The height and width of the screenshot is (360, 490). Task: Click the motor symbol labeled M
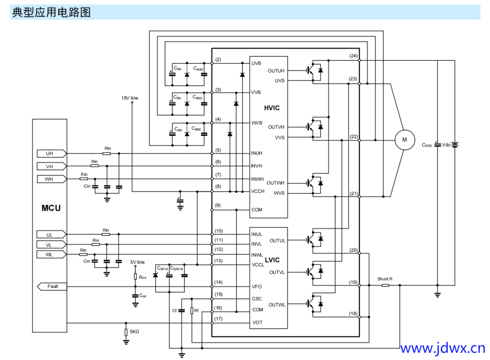[405, 140]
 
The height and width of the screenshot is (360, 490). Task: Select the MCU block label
[51, 208]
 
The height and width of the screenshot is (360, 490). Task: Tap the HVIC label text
[272, 108]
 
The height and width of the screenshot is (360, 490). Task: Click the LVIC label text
[272, 260]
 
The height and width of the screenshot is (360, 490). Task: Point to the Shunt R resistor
[386, 285]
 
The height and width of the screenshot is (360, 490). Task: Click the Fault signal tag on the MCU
[51, 287]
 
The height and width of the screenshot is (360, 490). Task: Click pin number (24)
[353, 55]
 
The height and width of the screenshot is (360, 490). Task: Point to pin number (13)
[219, 260]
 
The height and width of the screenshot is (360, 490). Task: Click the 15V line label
[130, 97]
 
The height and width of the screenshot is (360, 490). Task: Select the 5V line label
[137, 262]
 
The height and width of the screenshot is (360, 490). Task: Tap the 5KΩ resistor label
[134, 332]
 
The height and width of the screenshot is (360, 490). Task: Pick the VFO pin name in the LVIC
[257, 287]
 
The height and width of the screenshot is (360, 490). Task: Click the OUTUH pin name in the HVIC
[276, 71]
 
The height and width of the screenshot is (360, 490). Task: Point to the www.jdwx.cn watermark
[442, 348]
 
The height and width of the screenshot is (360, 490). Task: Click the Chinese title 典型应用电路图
[51, 12]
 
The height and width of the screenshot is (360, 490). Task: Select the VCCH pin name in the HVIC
[258, 191]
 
